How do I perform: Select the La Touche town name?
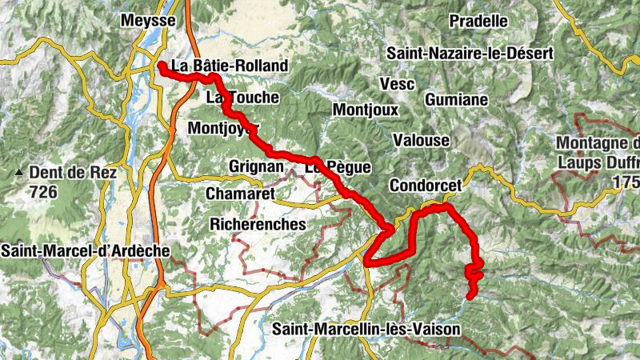242,98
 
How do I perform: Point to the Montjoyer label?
224,128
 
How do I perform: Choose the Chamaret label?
240,194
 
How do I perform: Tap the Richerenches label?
258,225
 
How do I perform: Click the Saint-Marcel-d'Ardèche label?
86,250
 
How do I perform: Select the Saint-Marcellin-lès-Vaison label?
366,329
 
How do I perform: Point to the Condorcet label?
426,186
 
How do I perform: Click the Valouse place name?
421,140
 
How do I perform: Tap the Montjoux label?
365,110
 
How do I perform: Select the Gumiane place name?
457,100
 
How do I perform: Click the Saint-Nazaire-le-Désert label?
470,54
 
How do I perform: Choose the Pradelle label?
478,20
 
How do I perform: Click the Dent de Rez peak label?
73,172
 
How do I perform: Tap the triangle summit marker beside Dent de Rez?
18,173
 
